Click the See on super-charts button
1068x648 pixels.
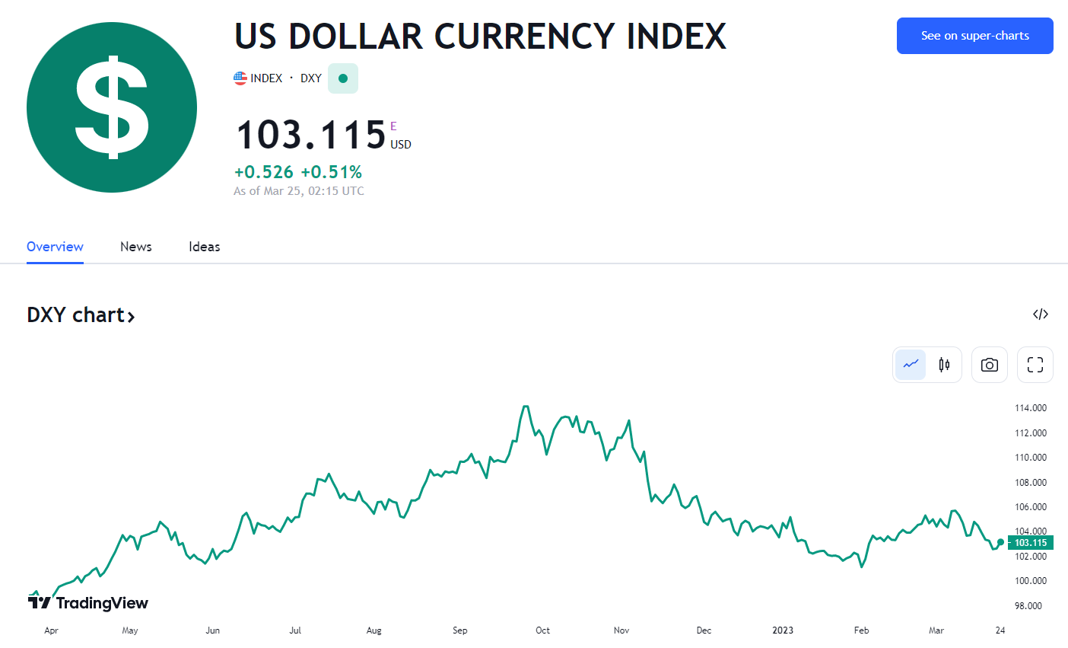974,36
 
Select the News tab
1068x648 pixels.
136,247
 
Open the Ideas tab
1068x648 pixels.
205,247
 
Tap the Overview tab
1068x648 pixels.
55,247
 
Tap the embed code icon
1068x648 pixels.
1041,314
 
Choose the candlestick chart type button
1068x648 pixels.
944,365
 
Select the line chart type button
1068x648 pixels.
911,365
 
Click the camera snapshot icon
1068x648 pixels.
989,365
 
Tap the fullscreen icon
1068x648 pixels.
1035,365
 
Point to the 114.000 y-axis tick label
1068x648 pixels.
1031,408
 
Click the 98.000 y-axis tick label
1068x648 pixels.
1028,606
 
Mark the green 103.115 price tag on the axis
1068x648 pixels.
1031,543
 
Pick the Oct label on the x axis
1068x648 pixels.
542,630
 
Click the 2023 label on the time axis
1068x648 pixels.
783,630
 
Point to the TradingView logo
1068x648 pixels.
88,603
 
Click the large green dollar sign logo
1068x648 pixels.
112,107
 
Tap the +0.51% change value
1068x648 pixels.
332,172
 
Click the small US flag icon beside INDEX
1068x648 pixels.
240,78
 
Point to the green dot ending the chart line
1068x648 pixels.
1000,542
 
